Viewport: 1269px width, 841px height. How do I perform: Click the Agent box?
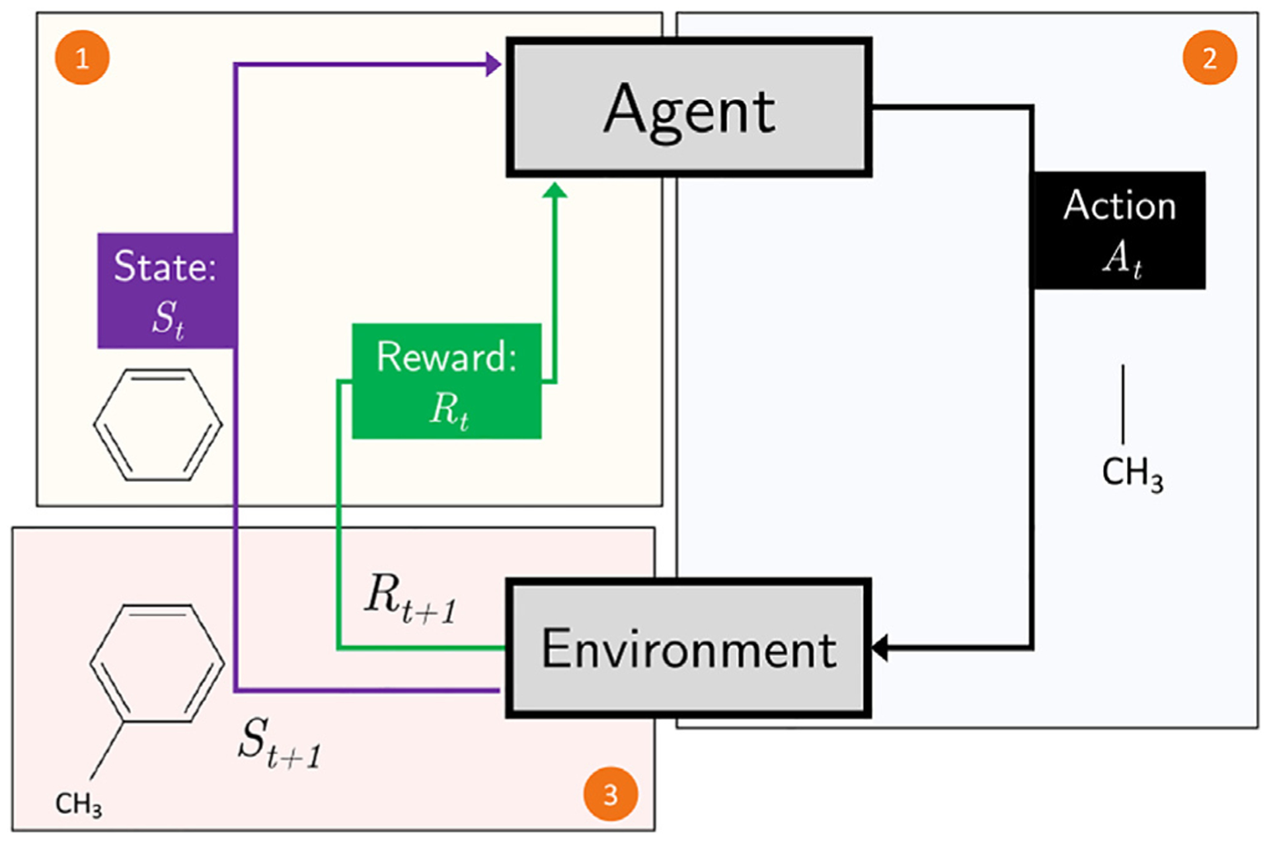coord(689,108)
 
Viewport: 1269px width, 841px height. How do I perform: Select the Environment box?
coord(689,649)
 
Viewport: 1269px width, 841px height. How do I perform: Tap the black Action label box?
coord(1119,229)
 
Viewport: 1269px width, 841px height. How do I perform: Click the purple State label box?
coord(166,290)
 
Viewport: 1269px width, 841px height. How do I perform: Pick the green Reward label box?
coord(446,381)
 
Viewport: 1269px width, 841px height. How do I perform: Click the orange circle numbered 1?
coord(82,58)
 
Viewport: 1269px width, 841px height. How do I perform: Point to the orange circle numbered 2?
coord(1210,58)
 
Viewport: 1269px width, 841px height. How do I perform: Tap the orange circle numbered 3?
coord(610,793)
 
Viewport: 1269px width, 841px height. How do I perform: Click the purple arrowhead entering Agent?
coord(493,64)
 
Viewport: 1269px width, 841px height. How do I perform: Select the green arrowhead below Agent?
coord(555,190)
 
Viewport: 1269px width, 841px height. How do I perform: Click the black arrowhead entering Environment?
coord(880,647)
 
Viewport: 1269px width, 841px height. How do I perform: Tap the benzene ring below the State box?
coord(157,424)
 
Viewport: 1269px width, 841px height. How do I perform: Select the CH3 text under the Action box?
coord(1132,473)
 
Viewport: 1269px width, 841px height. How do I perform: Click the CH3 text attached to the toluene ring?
coord(78,804)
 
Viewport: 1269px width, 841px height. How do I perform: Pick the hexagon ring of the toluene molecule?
coord(157,662)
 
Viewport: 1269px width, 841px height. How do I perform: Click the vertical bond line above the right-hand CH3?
coord(1122,403)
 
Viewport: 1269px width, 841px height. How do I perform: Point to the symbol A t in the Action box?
coord(1122,258)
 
